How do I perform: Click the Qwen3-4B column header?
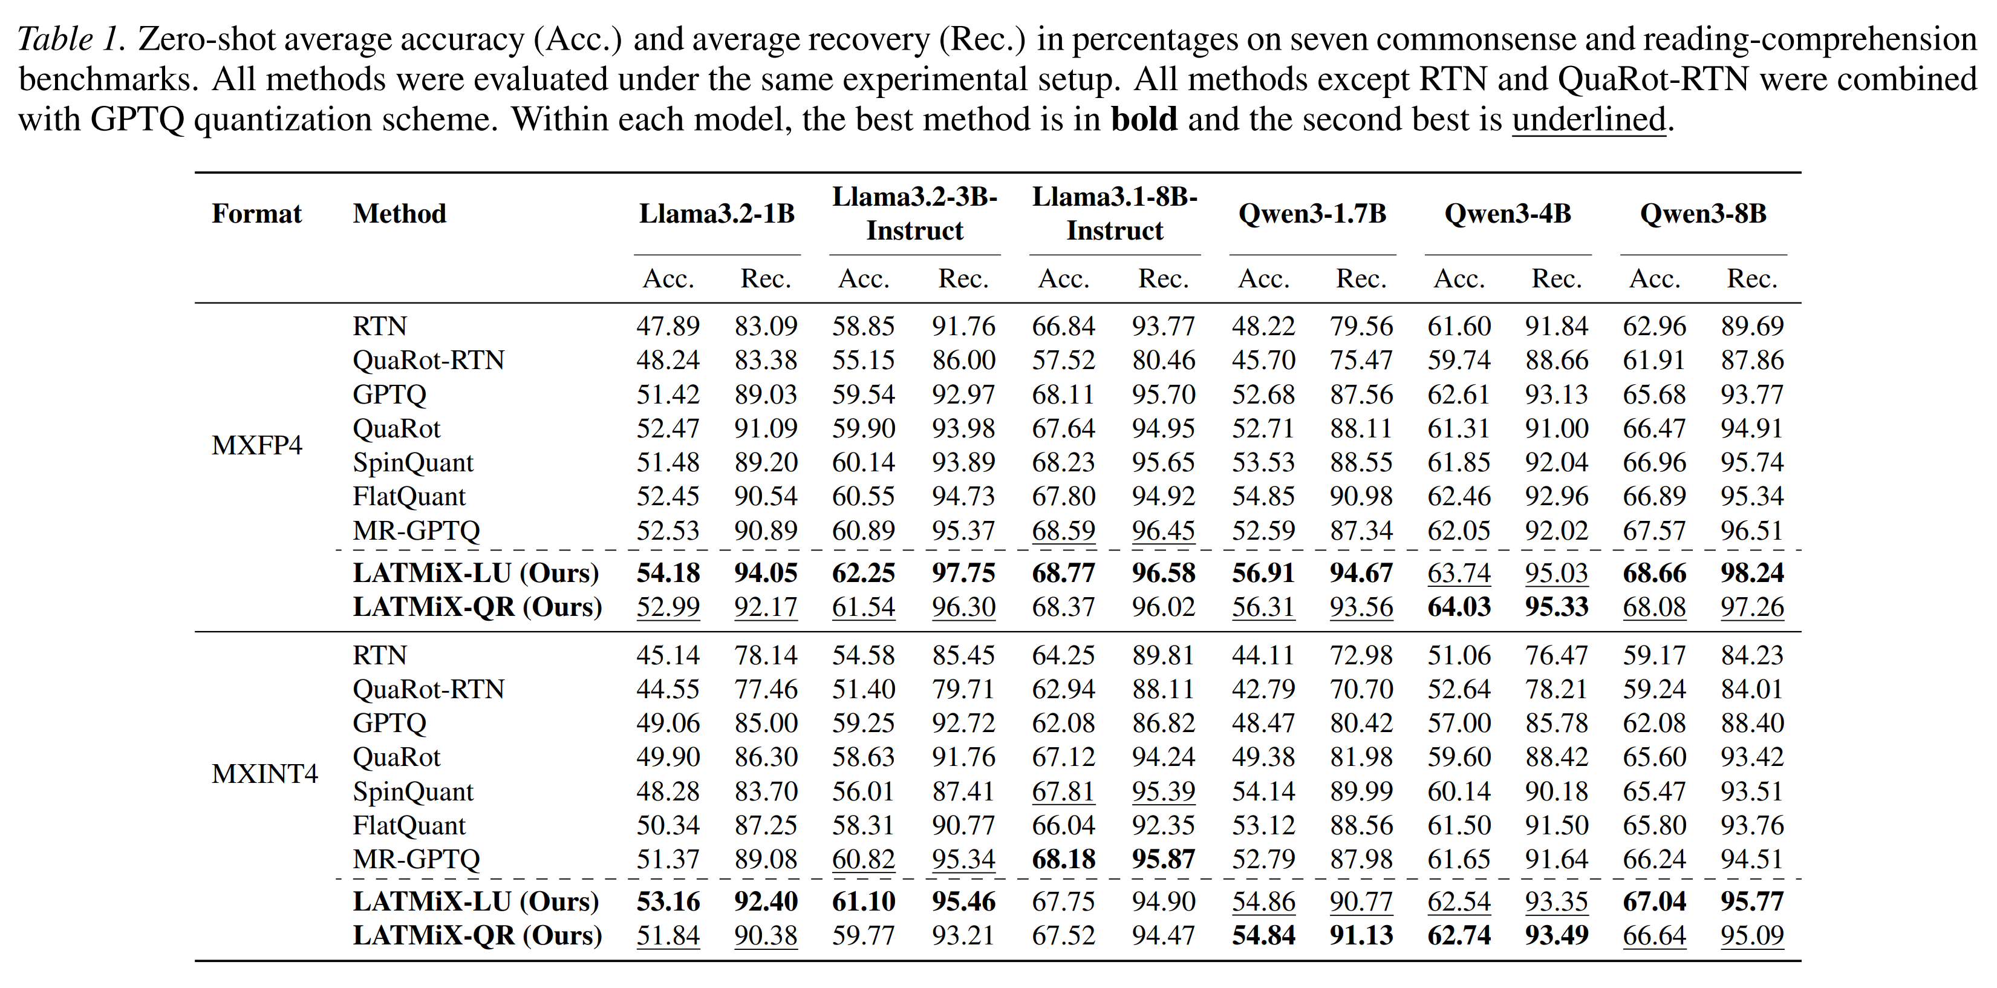click(x=1507, y=214)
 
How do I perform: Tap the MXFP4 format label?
click(x=256, y=446)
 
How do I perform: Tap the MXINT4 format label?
click(x=264, y=774)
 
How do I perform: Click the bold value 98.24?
click(x=1752, y=573)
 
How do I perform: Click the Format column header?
click(x=256, y=214)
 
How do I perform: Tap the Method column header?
click(x=399, y=214)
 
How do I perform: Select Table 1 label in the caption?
click(x=70, y=39)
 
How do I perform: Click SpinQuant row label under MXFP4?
click(x=412, y=463)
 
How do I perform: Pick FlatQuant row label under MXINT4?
click(x=409, y=825)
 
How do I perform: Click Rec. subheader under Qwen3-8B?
click(x=1752, y=278)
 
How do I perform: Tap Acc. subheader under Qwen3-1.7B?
click(x=1263, y=278)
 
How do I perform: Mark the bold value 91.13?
click(x=1361, y=935)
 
